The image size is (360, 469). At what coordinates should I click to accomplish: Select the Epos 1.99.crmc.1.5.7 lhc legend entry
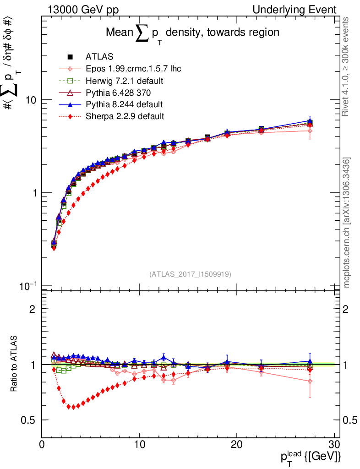coord(133,69)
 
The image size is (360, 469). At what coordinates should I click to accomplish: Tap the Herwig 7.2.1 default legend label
coord(125,81)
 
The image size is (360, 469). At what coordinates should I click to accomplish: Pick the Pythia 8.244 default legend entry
coord(124,104)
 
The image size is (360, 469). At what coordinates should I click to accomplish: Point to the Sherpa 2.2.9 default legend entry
coord(125,116)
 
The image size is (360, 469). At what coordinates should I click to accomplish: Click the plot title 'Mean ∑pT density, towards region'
coord(192,33)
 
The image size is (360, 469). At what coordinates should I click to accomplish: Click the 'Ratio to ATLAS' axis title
coord(15,364)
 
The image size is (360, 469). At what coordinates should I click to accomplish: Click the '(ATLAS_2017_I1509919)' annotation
coord(190,274)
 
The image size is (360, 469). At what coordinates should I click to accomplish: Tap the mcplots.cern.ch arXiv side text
coord(347,223)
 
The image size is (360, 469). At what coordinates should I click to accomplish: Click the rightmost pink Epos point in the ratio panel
coord(310,381)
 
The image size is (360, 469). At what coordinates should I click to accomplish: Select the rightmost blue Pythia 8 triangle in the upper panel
coord(310,121)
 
